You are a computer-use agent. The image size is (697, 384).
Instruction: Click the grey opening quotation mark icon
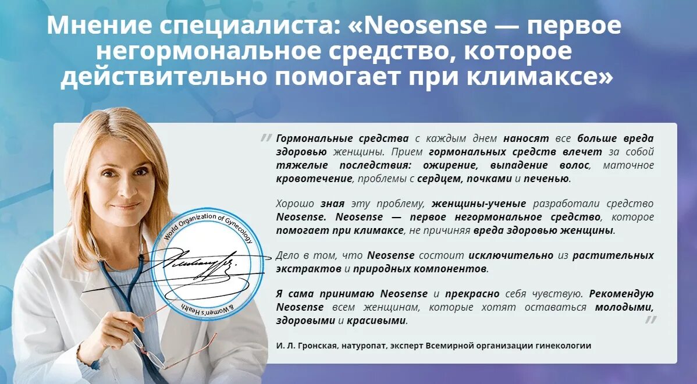(x=266, y=138)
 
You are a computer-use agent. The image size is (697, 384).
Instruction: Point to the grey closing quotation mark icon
(x=650, y=319)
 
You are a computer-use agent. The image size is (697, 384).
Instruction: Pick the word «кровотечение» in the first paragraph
(x=314, y=179)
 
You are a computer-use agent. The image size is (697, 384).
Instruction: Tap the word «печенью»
(x=546, y=179)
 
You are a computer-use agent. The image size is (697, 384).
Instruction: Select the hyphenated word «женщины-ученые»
(x=479, y=204)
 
